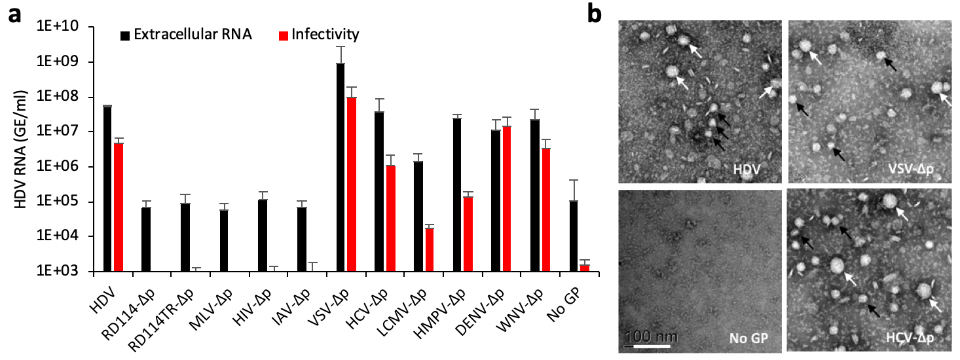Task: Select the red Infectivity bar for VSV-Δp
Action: click(352, 184)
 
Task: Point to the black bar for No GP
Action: click(574, 236)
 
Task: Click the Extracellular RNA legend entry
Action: click(185, 34)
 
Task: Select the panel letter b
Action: click(595, 14)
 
